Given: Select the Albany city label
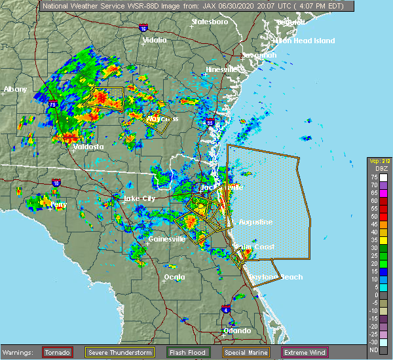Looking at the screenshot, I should (x=15, y=90).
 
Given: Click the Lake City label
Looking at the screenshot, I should (x=140, y=198).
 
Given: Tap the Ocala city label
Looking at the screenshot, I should (x=174, y=277).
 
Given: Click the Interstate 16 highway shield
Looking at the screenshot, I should (x=144, y=28).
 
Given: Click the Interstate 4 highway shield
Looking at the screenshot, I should (x=226, y=309).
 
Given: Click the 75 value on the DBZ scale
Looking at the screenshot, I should (x=373, y=177).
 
